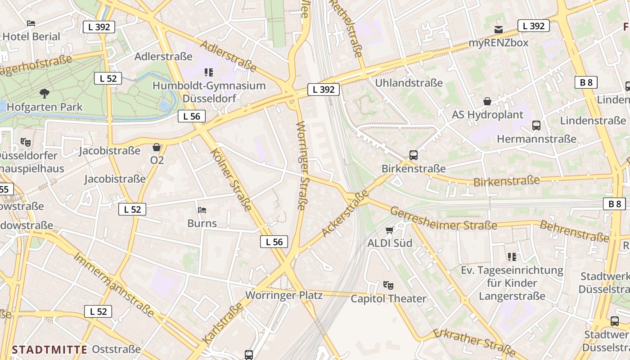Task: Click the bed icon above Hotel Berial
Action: pyautogui.click(x=31, y=23)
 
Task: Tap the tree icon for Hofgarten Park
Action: pyautogui.click(x=44, y=94)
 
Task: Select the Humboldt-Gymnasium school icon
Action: pyautogui.click(x=208, y=72)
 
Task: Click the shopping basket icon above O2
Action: pyautogui.click(x=157, y=147)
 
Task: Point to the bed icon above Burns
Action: pyautogui.click(x=202, y=210)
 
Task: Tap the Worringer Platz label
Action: pyautogui.click(x=283, y=296)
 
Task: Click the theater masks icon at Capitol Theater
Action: pyautogui.click(x=388, y=285)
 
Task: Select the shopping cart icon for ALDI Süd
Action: pyautogui.click(x=390, y=230)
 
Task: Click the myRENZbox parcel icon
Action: pyautogui.click(x=498, y=30)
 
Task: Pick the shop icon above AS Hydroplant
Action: pyautogui.click(x=487, y=102)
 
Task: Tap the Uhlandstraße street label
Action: pyautogui.click(x=409, y=83)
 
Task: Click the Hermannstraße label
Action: pyautogui.click(x=536, y=139)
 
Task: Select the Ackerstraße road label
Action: pyautogui.click(x=345, y=213)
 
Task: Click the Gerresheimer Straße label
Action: pyautogui.click(x=443, y=219)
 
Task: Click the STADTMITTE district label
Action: pyautogui.click(x=49, y=350)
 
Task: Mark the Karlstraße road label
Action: pyautogui.click(x=223, y=323)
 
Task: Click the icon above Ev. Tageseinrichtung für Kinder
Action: pyautogui.click(x=512, y=257)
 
